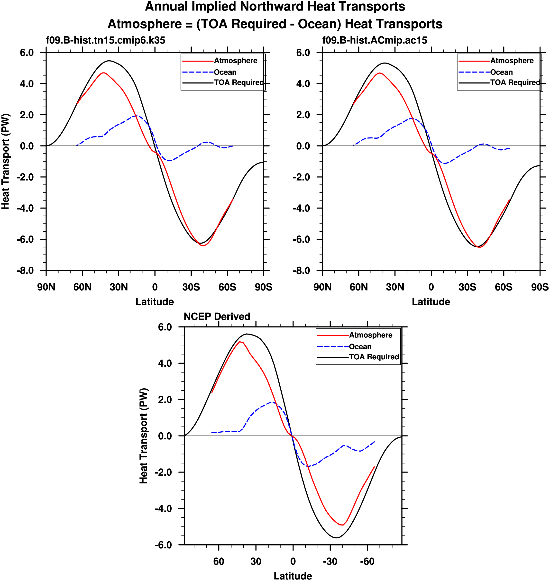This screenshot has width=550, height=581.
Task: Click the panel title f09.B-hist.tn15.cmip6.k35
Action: coord(106,40)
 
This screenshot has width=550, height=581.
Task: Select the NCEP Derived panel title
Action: coord(217,317)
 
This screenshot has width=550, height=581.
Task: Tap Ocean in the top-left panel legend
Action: coord(225,72)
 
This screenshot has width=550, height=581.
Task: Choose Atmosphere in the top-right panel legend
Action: coord(512,61)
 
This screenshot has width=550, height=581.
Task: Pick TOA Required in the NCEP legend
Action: coord(374,357)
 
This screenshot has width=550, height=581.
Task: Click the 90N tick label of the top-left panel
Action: coord(46,287)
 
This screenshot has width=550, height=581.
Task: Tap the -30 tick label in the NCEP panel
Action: coord(330,561)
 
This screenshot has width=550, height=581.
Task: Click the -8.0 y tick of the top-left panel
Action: coord(25,271)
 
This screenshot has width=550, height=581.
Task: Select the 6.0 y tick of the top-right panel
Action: coord(303,53)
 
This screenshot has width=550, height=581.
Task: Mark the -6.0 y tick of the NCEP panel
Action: coord(163,545)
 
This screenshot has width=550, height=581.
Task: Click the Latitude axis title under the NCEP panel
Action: coord(293,576)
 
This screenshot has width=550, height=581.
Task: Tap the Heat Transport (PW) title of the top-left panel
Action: coord(6,161)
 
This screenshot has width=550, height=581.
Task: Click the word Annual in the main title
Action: coord(166,7)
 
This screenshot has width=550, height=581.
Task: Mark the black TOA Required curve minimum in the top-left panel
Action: coord(201,243)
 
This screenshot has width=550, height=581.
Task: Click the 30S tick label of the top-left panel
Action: coord(191,287)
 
